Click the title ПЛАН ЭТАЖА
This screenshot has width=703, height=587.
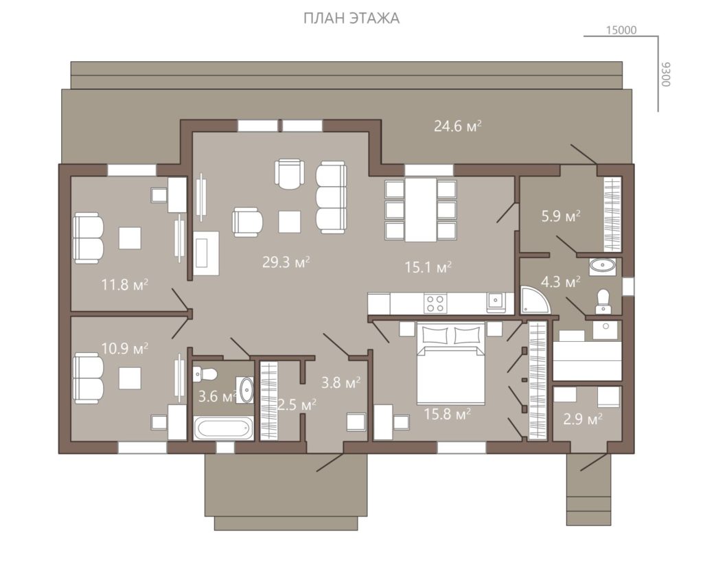point(351,19)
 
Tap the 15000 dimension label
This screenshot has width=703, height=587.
point(621,30)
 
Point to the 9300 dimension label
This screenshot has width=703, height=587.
point(666,74)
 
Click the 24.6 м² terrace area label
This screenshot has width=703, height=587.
point(457,126)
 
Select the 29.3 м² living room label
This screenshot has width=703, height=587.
point(286,262)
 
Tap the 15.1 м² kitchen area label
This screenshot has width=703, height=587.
point(428,267)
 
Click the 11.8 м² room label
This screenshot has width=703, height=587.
point(125,284)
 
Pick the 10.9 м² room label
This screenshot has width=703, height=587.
point(125,349)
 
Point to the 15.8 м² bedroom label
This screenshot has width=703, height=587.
point(447,413)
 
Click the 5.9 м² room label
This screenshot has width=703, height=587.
point(561,216)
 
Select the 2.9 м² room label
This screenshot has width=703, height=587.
point(582,419)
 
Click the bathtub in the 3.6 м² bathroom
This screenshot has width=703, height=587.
point(223,428)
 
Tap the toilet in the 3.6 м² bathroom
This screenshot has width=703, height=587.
point(205,373)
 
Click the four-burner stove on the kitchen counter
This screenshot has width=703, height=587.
point(435,303)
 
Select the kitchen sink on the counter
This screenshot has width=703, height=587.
point(495,301)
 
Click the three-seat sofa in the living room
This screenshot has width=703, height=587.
point(332,198)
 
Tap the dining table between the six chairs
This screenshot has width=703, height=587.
point(421,210)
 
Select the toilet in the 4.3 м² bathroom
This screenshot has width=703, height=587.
point(603,301)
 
